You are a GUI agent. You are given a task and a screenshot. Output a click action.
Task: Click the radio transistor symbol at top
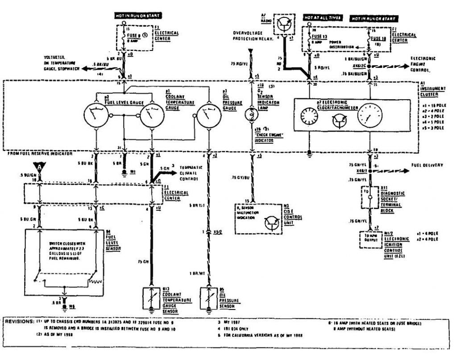tap(282, 24)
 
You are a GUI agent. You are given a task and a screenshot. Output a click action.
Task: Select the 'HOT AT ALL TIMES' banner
tap(322, 18)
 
